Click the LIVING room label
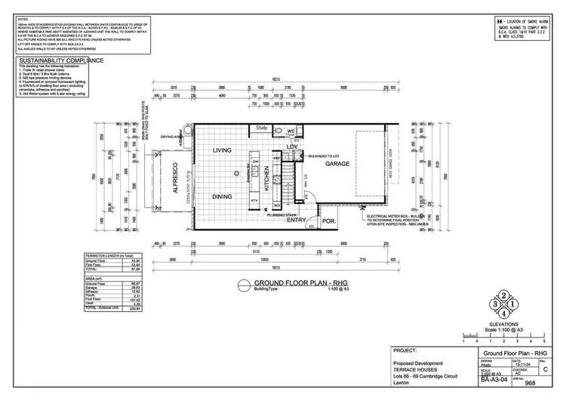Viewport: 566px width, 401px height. pyautogui.click(x=221, y=150)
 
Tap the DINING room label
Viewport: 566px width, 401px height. pyautogui.click(x=221, y=196)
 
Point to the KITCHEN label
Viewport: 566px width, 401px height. pyautogui.click(x=265, y=180)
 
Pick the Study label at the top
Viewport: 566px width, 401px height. pyautogui.click(x=262, y=128)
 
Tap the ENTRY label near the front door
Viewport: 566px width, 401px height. pyautogui.click(x=297, y=220)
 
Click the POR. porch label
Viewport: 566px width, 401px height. pyautogui.click(x=329, y=221)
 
